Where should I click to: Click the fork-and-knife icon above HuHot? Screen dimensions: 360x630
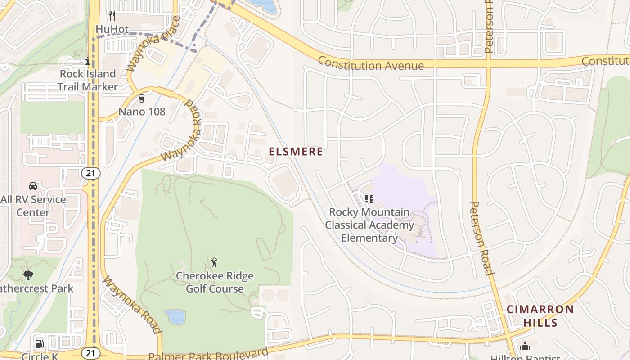point(112,16)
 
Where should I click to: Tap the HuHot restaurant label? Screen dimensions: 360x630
point(109,29)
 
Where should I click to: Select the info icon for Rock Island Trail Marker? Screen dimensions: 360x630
point(88,61)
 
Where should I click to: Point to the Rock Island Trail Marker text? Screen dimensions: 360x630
point(88,80)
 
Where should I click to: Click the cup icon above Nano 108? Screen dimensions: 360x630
point(142,98)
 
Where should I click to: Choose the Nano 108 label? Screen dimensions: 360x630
point(142,112)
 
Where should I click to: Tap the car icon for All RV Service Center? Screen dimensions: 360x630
point(33,186)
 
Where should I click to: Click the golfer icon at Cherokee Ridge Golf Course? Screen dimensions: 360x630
point(215,262)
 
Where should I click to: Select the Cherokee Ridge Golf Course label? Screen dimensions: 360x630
point(215,282)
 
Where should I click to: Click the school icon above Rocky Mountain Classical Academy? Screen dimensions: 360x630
point(369,198)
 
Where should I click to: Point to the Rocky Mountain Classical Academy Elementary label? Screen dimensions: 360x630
point(369,225)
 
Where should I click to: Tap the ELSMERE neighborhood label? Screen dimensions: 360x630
point(296,152)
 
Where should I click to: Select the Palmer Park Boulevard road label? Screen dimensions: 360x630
point(208,354)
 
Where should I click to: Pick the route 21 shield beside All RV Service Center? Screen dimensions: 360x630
point(91,173)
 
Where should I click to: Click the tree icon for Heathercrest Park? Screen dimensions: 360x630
point(28,275)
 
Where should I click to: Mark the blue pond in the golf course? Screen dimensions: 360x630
point(175,316)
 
